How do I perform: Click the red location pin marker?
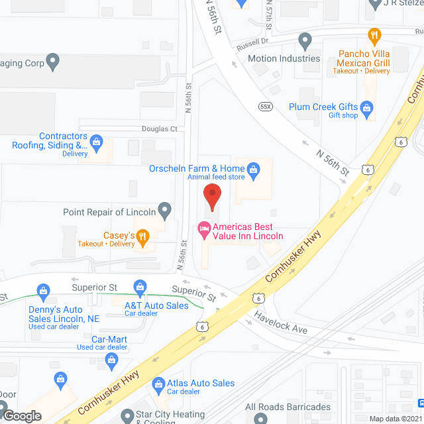pos(211,197)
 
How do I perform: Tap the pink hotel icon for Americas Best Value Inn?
pos(205,230)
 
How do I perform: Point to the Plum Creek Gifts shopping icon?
pos(367,107)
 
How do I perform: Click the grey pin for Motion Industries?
pos(305,41)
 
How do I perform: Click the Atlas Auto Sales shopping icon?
pos(158,383)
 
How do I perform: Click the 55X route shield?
pos(266,105)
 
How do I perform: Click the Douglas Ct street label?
pos(158,129)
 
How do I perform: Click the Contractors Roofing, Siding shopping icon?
pos(97,141)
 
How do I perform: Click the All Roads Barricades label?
pos(288,407)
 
